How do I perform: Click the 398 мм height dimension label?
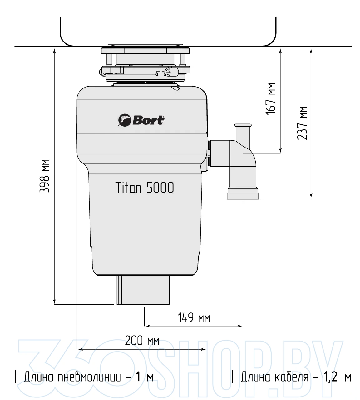pyautogui.click(x=44, y=176)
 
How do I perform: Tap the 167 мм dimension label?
pyautogui.click(x=271, y=99)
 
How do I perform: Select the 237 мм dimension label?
pyautogui.click(x=302, y=123)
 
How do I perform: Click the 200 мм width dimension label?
pyautogui.click(x=142, y=341)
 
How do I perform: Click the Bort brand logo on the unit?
pyautogui.click(x=141, y=120)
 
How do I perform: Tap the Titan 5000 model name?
pyautogui.click(x=145, y=187)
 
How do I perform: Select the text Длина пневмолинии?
pyautogui.click(x=72, y=377)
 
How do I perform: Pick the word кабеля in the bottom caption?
pyautogui.click(x=292, y=377)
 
